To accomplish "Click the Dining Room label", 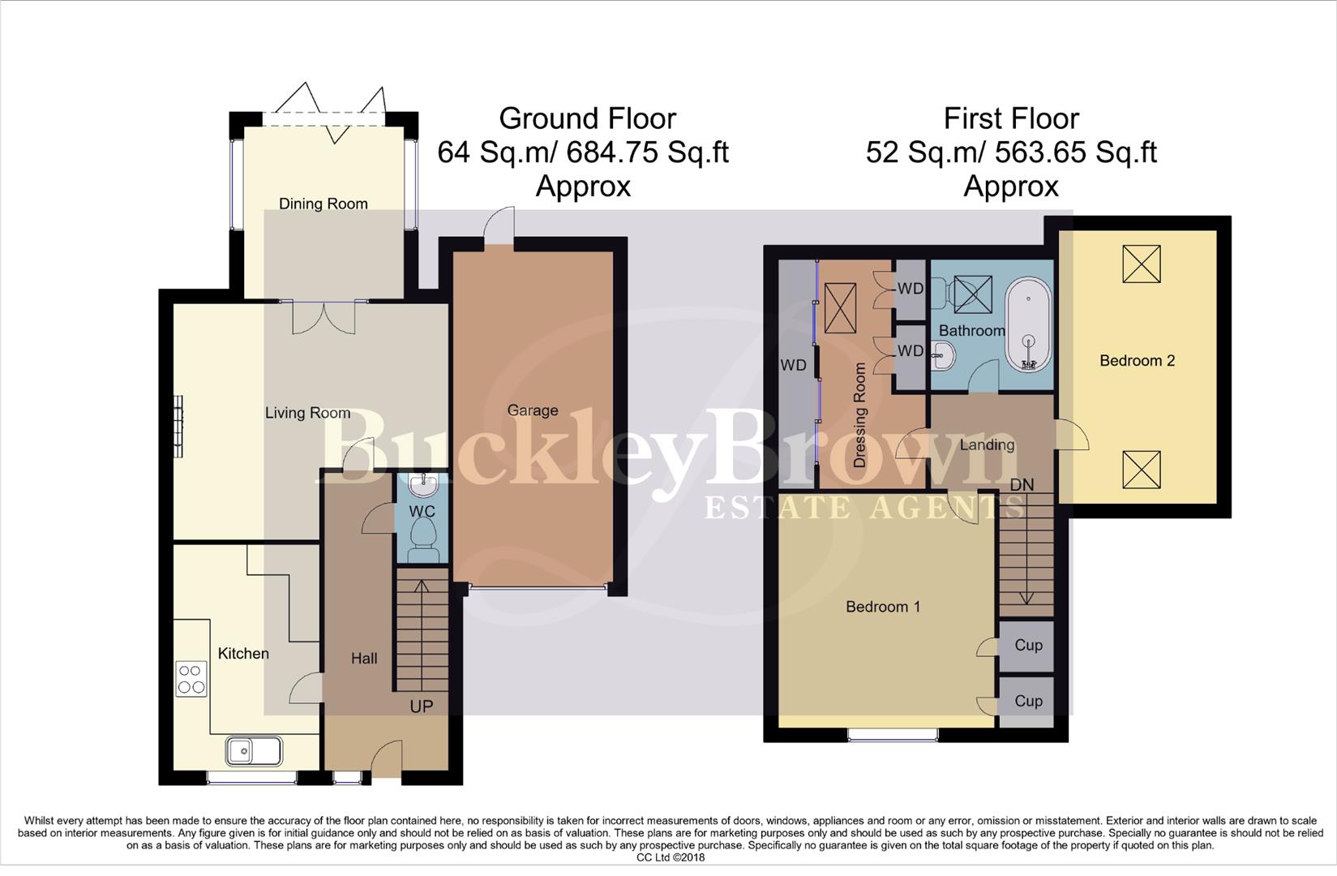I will pyautogui.click(x=323, y=204).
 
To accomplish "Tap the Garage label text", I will pyautogui.click(x=532, y=410).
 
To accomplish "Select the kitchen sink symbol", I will pyautogui.click(x=254, y=751).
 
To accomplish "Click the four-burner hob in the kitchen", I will pyautogui.click(x=191, y=679).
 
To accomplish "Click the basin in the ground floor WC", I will pyautogui.click(x=422, y=486).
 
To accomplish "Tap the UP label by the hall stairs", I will pyautogui.click(x=421, y=706).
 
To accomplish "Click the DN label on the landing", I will pyautogui.click(x=1022, y=484).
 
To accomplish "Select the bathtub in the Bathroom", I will pyautogui.click(x=1028, y=327).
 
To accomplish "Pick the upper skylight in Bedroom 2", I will pyautogui.click(x=1141, y=264).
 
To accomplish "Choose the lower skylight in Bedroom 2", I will pyautogui.click(x=1141, y=469).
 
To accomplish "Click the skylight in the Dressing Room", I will pyautogui.click(x=840, y=307).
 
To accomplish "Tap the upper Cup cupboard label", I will pyautogui.click(x=1028, y=645).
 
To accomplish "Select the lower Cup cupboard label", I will pyautogui.click(x=1028, y=701).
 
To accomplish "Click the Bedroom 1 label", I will pyautogui.click(x=882, y=607).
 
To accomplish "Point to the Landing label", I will pyautogui.click(x=986, y=444).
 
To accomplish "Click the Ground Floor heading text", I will pyautogui.click(x=587, y=118).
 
